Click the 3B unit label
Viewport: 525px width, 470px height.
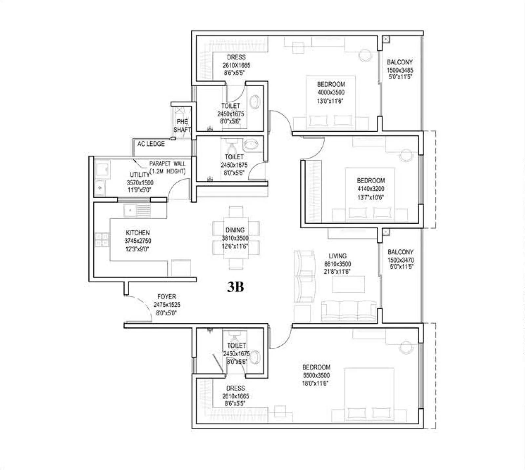point(235,287)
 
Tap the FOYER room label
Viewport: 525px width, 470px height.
point(167,296)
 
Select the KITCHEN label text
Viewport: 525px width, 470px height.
point(137,233)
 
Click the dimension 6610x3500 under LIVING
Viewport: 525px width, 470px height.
point(337,264)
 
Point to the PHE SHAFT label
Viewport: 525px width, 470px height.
point(182,126)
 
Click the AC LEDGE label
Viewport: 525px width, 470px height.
point(151,144)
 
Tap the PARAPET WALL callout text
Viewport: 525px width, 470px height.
point(167,164)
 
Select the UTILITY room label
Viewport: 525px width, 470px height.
point(140,174)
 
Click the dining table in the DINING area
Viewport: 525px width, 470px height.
point(236,238)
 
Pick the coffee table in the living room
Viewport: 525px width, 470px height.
point(348,284)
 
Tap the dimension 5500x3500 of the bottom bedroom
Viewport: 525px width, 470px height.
point(316,375)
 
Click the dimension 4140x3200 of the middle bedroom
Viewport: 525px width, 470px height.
point(371,189)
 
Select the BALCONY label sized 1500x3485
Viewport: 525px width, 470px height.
point(400,62)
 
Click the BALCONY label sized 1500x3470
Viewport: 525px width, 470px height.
point(400,252)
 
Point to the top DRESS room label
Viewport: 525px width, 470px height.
point(236,57)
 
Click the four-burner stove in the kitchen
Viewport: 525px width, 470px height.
point(102,239)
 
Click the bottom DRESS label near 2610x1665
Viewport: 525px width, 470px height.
point(235,388)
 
